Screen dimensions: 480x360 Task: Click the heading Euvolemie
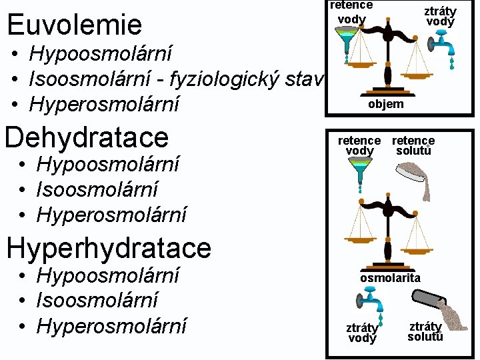[x=74, y=25]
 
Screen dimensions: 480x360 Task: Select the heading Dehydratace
[x=87, y=137]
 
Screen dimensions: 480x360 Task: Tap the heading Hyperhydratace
[x=108, y=248]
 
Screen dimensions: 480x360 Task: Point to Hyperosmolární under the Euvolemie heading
[x=105, y=105]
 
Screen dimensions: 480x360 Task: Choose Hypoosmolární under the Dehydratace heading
[x=108, y=164]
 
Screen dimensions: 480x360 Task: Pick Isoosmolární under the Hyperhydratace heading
[x=97, y=300]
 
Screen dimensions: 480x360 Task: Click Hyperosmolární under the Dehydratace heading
[x=111, y=215]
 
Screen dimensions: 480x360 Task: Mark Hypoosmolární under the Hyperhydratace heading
[x=108, y=275]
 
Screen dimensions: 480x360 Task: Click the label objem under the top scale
[x=385, y=104]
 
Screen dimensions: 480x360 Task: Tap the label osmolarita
[x=390, y=277]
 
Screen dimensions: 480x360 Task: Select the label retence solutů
[x=413, y=145]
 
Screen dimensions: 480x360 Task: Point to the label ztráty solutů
[x=425, y=331]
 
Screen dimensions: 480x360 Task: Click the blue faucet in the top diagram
[x=442, y=47]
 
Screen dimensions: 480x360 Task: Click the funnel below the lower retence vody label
[x=360, y=173]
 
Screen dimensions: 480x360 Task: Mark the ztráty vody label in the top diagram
[x=441, y=16]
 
